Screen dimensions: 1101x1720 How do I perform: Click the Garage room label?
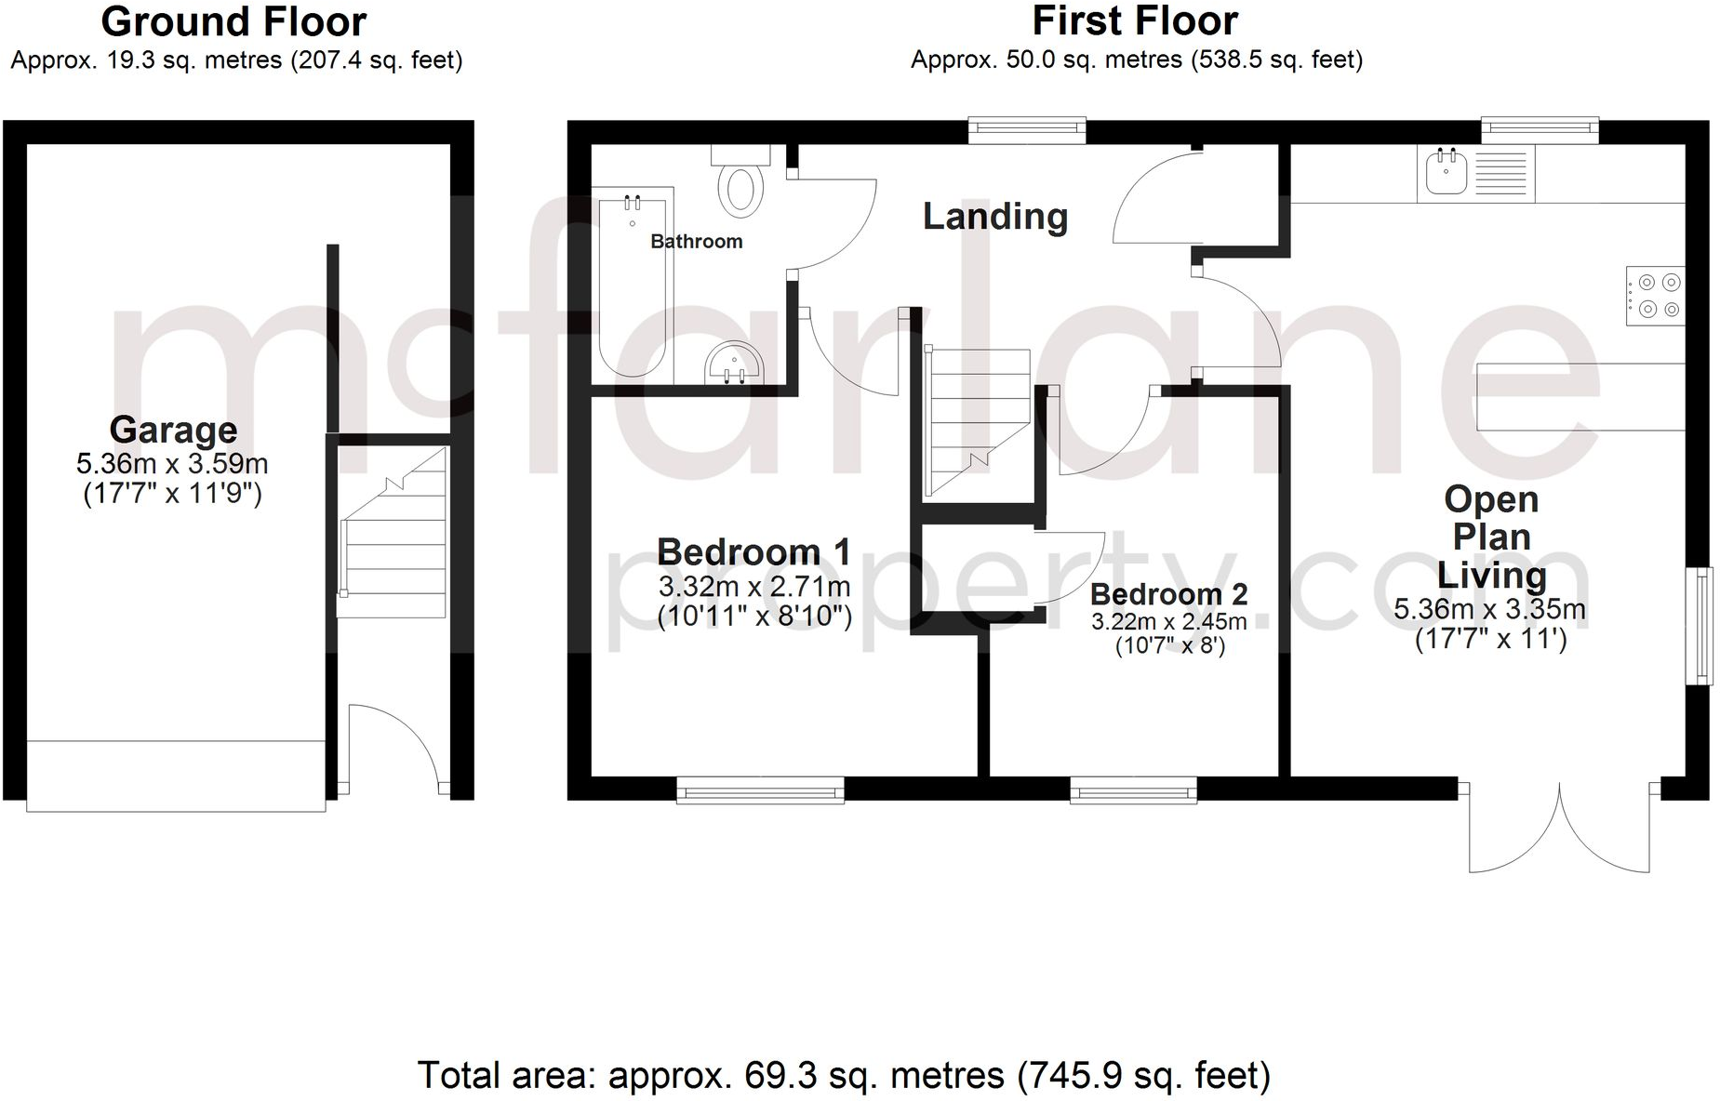click(173, 430)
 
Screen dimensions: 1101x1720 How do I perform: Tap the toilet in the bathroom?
click(741, 185)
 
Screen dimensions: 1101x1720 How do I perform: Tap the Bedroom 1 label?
click(753, 552)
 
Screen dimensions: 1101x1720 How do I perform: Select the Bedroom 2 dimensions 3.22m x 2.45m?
click(1169, 622)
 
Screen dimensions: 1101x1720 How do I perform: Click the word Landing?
click(994, 217)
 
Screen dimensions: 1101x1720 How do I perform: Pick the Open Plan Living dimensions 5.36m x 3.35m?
click(1489, 610)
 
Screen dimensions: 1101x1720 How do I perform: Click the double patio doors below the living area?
click(1559, 829)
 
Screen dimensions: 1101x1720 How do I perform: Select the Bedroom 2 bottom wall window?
click(1133, 792)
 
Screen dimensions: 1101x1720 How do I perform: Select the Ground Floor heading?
click(233, 21)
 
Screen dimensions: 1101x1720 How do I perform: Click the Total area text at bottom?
click(843, 1076)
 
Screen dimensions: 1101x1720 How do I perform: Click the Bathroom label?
click(696, 242)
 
